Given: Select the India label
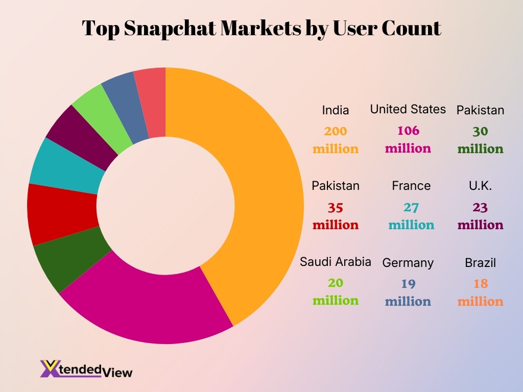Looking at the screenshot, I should [336, 110].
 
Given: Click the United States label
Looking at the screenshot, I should [408, 109].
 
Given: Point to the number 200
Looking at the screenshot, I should [336, 131].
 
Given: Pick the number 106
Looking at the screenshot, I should [408, 131].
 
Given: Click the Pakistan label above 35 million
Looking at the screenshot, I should [336, 186].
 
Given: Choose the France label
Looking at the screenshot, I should [411, 186].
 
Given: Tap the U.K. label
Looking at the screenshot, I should [480, 186].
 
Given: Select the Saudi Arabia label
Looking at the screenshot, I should [336, 262].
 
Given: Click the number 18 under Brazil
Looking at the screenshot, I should [480, 284].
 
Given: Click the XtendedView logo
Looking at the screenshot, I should [86, 369].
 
